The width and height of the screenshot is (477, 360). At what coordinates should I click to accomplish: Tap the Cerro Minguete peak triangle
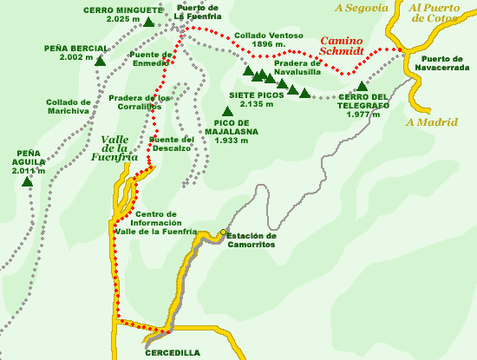pos(149,23)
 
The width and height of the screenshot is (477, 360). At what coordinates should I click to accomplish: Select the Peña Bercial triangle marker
pos(101,62)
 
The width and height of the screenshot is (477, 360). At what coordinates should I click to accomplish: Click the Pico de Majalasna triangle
pos(227,111)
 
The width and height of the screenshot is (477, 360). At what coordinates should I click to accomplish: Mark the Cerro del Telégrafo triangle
pos(362,86)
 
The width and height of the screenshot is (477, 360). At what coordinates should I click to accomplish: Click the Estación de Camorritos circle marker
pos(223,232)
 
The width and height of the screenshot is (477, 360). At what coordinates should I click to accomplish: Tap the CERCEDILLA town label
pos(172,353)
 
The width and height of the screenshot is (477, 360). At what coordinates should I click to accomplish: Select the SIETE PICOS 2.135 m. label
pos(258,99)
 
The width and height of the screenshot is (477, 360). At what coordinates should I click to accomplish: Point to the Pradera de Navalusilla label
pos(297,69)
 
